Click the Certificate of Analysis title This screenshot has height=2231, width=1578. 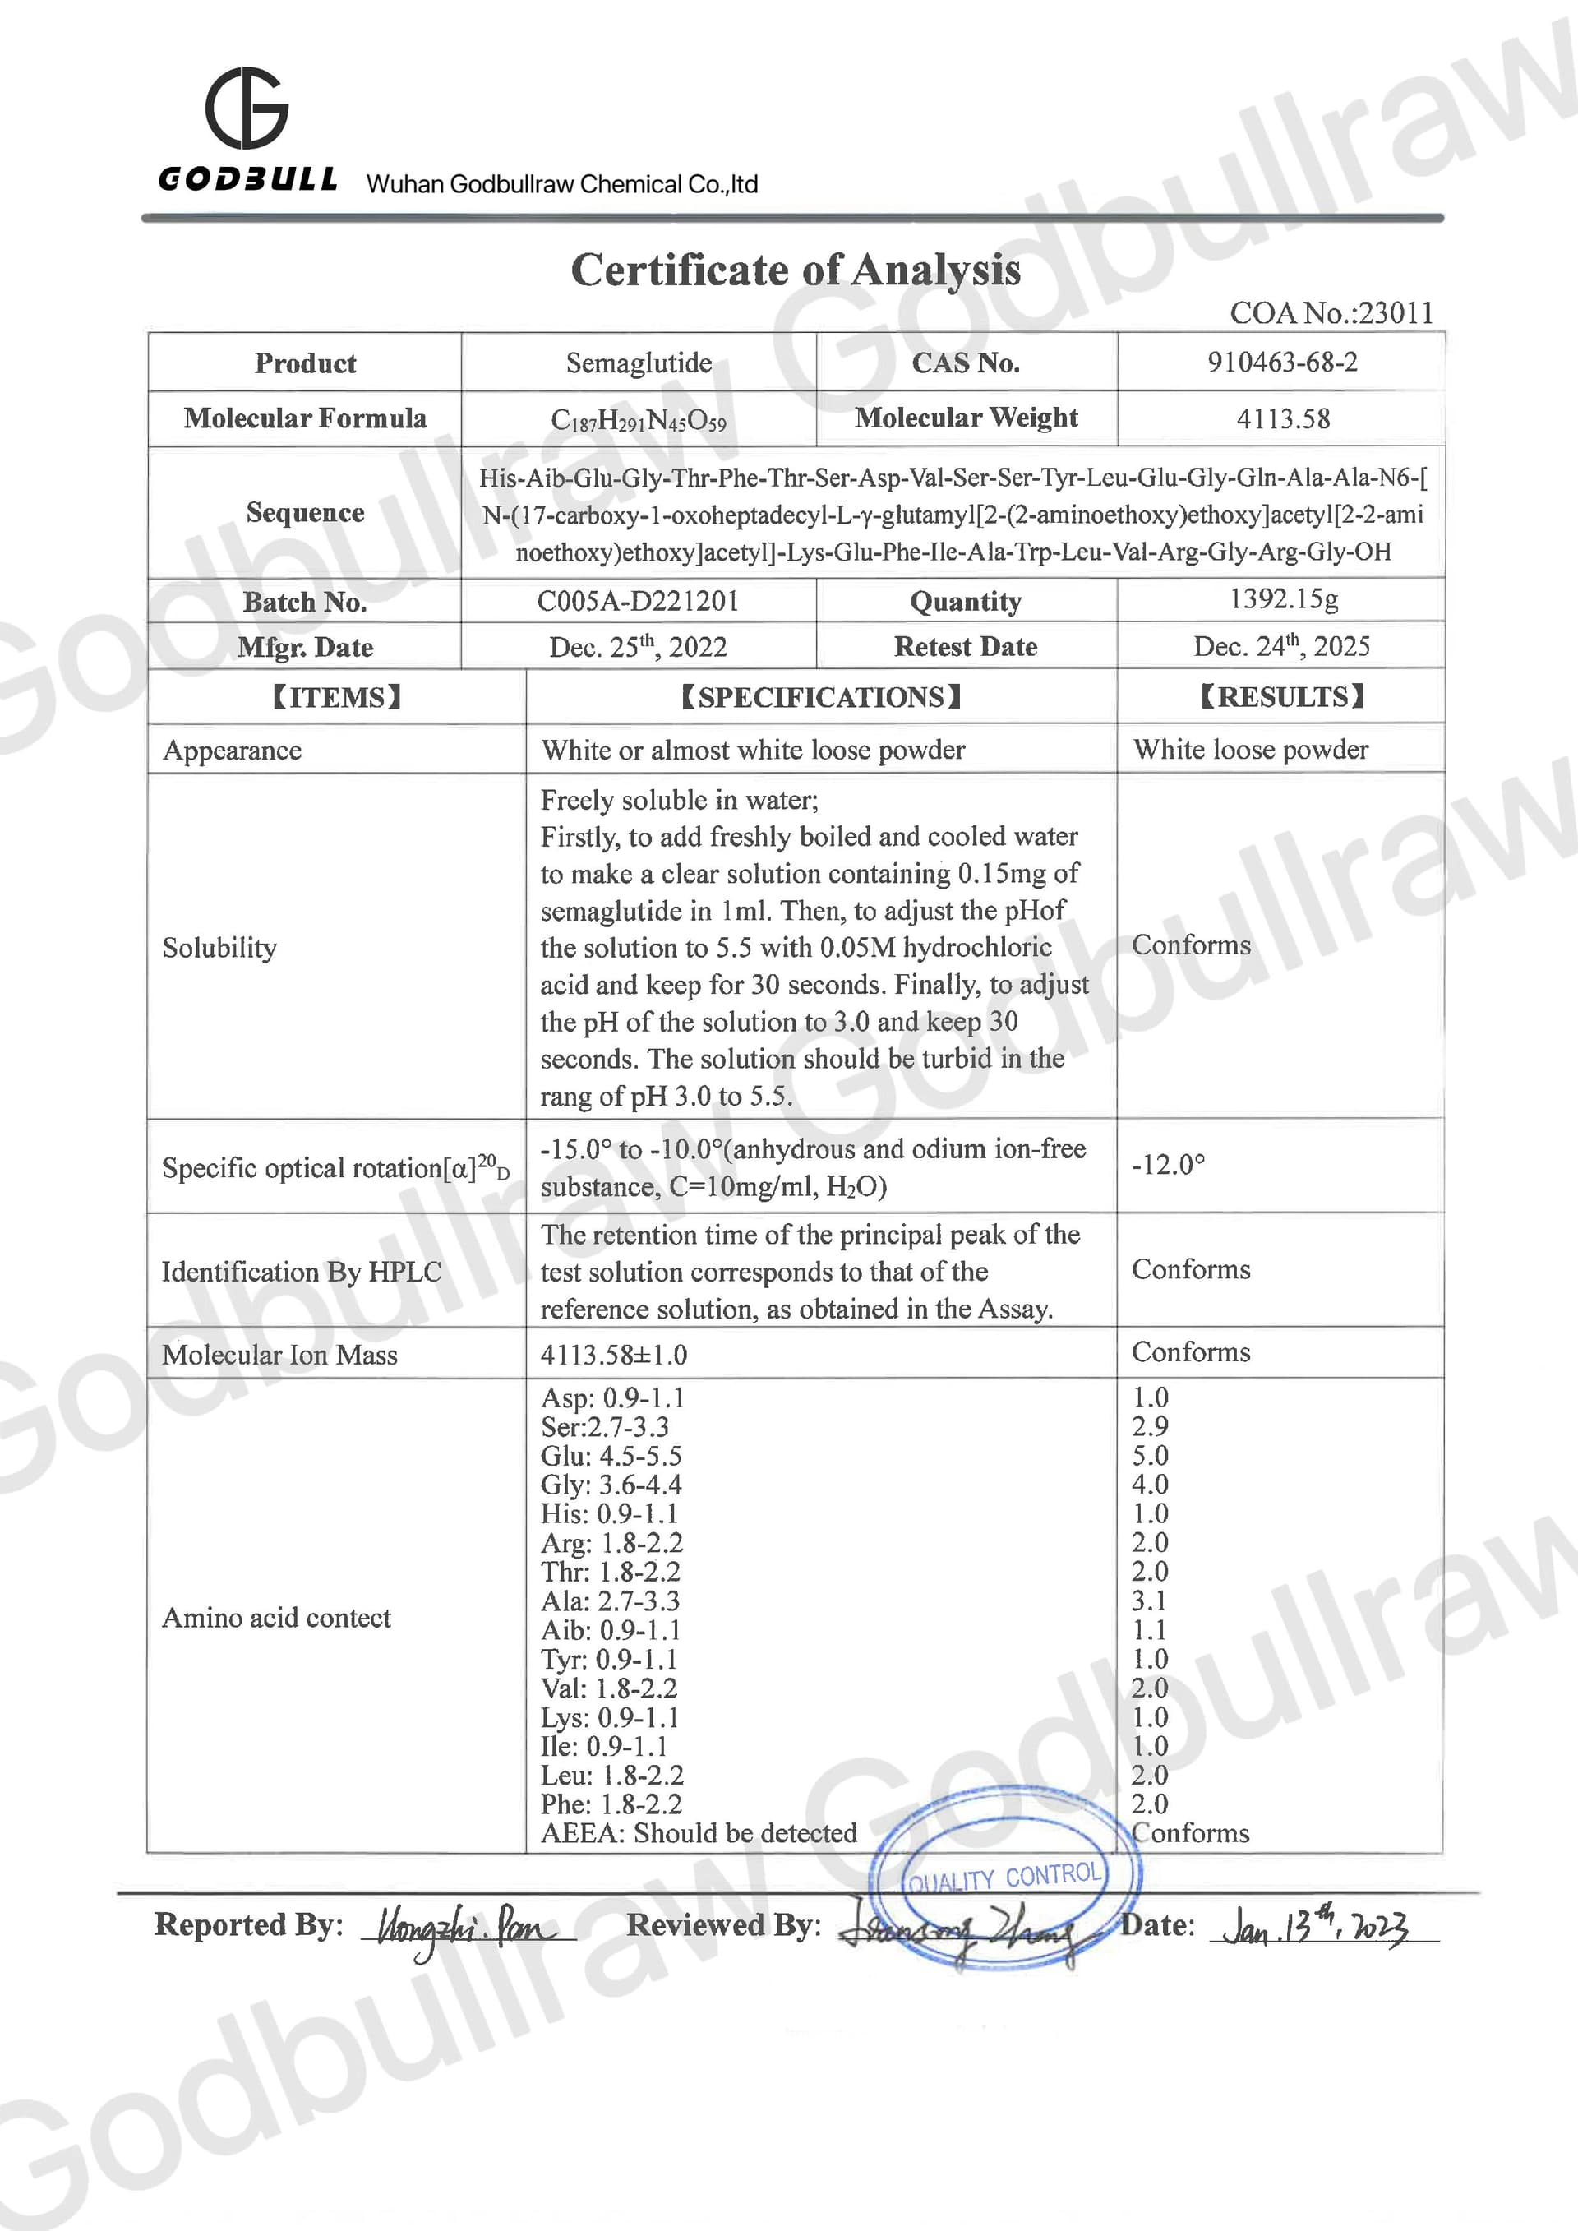795,270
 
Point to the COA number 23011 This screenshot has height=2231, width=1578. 1331,313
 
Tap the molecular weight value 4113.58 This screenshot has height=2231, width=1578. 1283,418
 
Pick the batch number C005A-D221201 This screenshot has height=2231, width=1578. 639,601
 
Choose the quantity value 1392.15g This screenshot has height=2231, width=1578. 1284,598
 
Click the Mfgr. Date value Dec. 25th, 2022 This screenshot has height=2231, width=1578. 639,646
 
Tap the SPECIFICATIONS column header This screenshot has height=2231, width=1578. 821,697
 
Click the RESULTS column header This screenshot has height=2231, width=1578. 1281,697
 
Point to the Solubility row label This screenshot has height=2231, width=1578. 219,948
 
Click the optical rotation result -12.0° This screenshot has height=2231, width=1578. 1168,1164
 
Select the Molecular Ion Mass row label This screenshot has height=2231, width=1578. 279,1355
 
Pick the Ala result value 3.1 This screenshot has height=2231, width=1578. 1150,1600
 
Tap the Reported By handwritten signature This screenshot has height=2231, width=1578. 466,1927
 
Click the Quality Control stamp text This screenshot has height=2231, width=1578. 1004,1878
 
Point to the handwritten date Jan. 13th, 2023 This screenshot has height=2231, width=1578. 1317,1927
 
